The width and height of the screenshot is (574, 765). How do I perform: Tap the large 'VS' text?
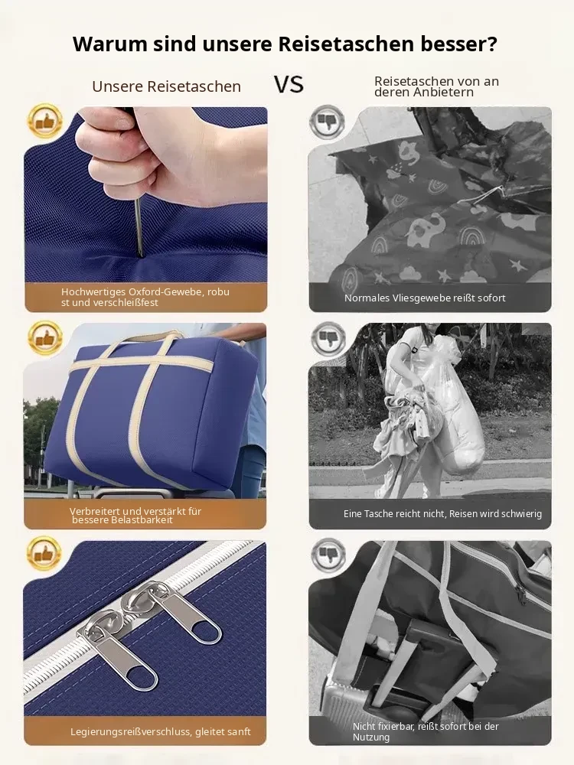(289, 84)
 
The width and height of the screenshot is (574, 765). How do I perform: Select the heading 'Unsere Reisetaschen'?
(166, 86)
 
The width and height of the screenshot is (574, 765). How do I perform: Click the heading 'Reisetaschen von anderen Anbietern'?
(436, 87)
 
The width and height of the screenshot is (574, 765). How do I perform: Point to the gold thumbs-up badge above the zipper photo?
(44, 554)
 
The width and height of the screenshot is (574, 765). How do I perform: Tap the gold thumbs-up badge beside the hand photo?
(45, 121)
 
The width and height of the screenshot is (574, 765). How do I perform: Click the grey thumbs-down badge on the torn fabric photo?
(328, 121)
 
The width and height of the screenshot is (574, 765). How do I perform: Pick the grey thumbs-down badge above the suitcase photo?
(328, 555)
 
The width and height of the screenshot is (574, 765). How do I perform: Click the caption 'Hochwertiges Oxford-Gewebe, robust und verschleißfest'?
(145, 297)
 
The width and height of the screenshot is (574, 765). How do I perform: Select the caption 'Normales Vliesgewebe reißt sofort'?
(425, 298)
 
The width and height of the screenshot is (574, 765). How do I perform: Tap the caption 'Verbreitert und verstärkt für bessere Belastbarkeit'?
(135, 515)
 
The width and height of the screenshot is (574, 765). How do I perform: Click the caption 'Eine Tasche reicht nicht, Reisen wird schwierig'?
(442, 514)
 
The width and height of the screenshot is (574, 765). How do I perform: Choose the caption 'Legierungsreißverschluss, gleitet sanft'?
(161, 732)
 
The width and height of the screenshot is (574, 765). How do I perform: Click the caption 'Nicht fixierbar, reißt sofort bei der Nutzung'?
(426, 732)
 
